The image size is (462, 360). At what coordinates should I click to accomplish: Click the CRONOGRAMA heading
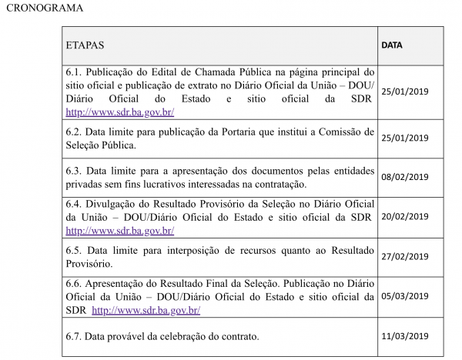(44, 9)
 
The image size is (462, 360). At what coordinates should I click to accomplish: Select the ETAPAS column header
(85, 45)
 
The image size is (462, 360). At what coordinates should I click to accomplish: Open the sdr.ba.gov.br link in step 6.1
(119, 112)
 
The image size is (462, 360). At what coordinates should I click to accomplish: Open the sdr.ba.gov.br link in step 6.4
(119, 230)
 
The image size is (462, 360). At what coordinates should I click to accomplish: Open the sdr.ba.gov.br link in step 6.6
(146, 311)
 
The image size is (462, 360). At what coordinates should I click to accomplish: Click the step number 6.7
(75, 336)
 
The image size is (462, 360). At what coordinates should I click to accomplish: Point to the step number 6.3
(75, 171)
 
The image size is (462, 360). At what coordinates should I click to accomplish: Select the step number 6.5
(75, 251)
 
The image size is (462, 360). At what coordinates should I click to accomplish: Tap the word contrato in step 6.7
(237, 336)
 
